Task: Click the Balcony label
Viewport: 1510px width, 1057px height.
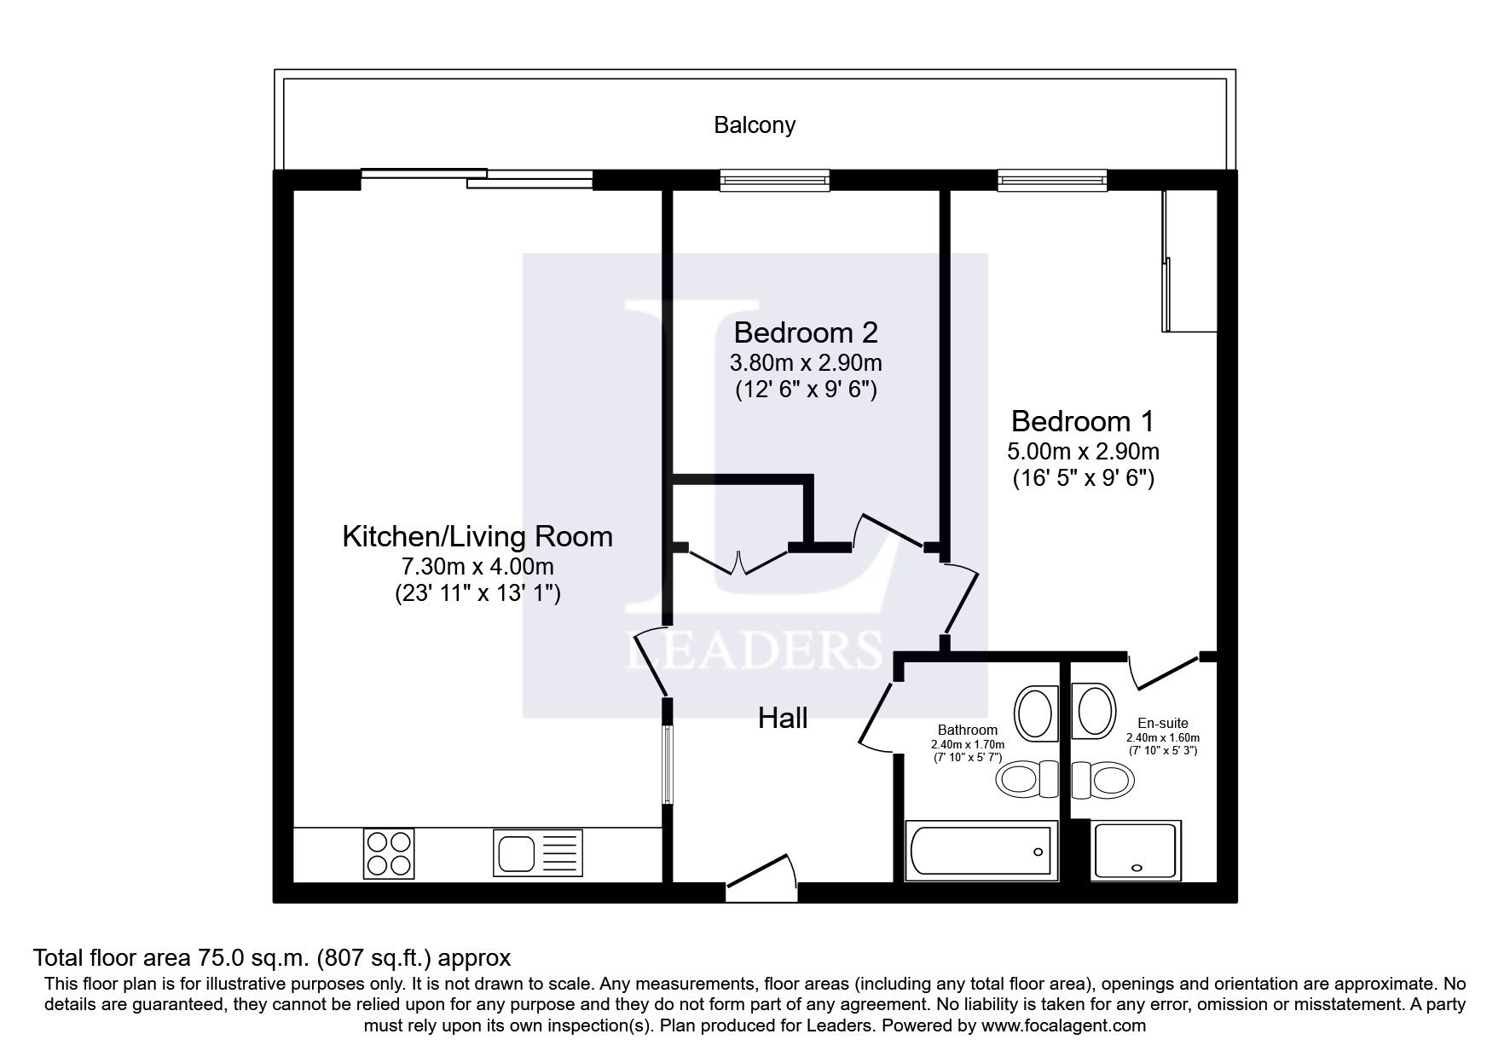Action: click(x=755, y=125)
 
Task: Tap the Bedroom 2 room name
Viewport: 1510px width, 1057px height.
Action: click(x=806, y=332)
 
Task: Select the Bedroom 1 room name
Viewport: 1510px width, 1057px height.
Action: click(x=1083, y=421)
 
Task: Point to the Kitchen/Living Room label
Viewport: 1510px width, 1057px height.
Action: click(x=477, y=536)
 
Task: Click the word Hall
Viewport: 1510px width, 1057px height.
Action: click(x=783, y=719)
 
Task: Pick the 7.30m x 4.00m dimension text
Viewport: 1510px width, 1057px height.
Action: click(x=477, y=566)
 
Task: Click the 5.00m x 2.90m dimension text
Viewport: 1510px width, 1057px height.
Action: click(x=1083, y=451)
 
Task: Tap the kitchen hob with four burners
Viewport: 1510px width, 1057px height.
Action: click(x=389, y=853)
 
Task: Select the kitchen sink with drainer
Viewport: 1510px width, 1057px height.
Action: click(x=536, y=853)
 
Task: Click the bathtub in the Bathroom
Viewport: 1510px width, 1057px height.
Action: click(x=984, y=851)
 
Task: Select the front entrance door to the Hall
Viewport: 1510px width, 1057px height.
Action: click(x=761, y=877)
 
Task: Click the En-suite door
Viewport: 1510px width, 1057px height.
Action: click(x=1164, y=671)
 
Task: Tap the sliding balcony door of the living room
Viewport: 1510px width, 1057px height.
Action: click(x=477, y=179)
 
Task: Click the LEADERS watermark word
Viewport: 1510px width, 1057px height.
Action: click(x=754, y=650)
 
